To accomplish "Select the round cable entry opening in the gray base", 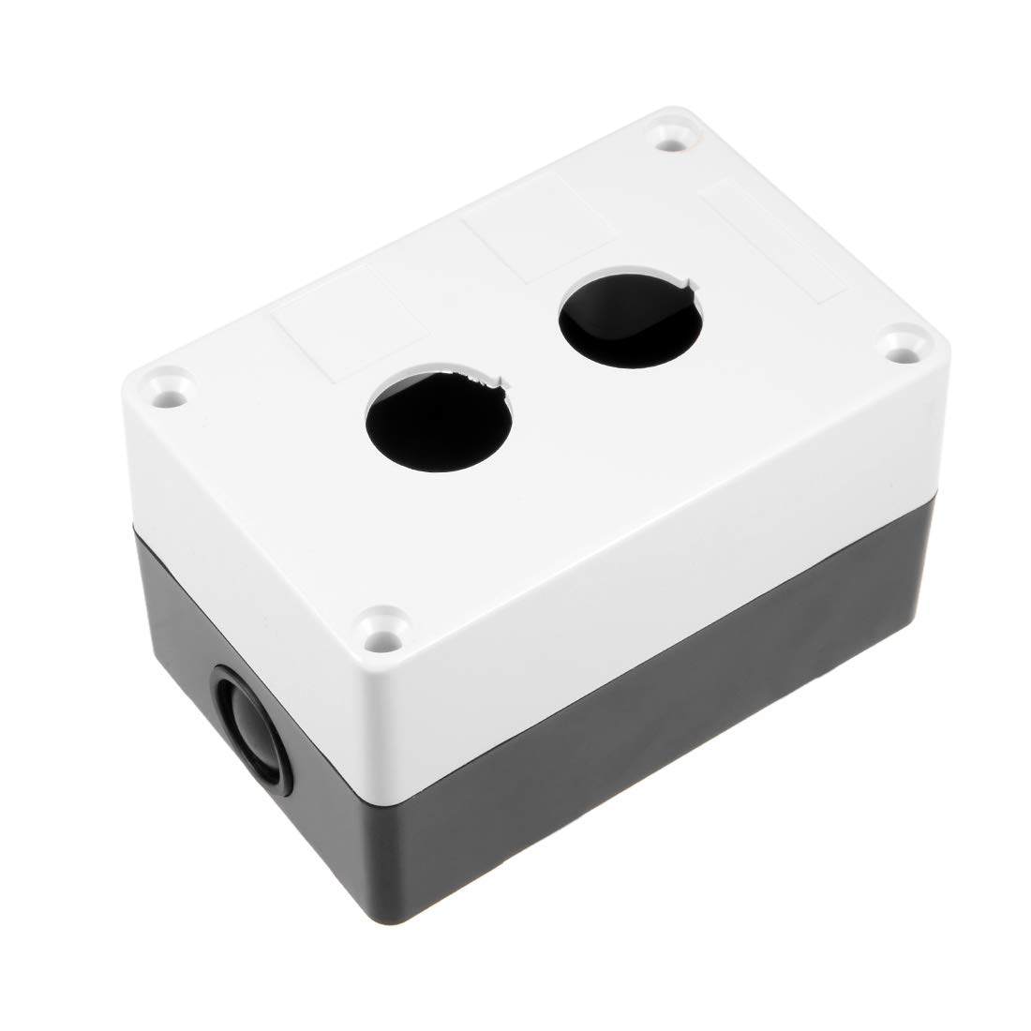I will [247, 716].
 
